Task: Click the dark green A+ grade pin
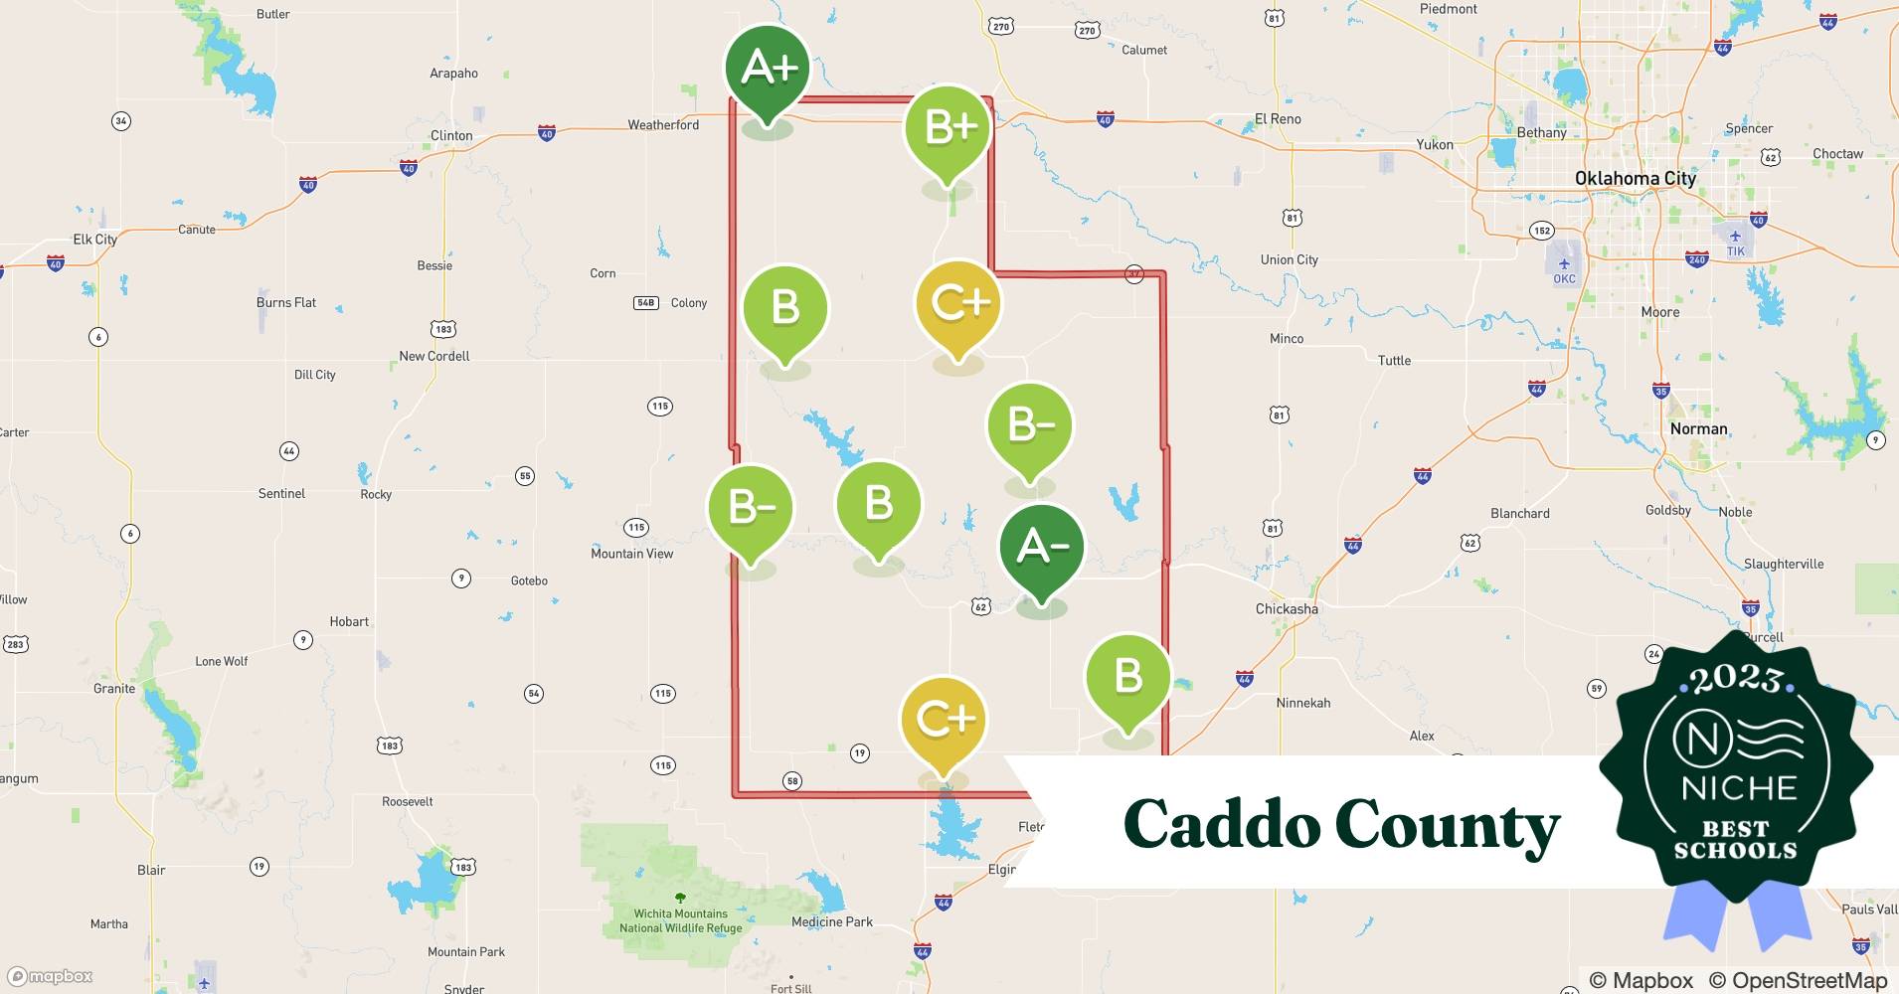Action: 767,69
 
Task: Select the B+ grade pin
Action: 948,128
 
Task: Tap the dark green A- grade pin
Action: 1041,547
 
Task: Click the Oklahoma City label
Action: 1635,179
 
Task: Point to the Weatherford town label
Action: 663,125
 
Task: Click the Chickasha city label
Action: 1286,609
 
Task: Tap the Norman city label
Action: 1698,429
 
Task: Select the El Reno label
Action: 1278,119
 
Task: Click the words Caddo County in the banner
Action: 1341,825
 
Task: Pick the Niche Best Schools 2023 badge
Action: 1735,765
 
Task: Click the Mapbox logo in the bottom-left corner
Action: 50,976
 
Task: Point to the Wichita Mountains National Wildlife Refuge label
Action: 680,920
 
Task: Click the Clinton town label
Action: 451,136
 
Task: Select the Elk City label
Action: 95,240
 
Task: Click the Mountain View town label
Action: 631,554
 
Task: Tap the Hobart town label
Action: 349,622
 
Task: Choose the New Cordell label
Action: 433,356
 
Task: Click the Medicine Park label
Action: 831,922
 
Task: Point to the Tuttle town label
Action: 1394,361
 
